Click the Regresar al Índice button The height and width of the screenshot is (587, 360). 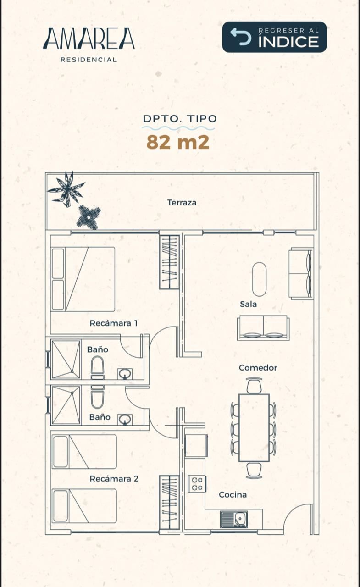pyautogui.click(x=274, y=37)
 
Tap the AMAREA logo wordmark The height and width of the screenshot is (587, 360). pyautogui.click(x=89, y=39)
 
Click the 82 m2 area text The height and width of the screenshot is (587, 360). pyautogui.click(x=178, y=142)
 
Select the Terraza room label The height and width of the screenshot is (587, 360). pyautogui.click(x=182, y=203)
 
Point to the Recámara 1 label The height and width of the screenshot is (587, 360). pyautogui.click(x=113, y=323)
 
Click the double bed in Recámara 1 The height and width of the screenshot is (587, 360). pyautogui.click(x=83, y=279)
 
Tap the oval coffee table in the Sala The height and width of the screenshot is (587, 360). pyautogui.click(x=260, y=279)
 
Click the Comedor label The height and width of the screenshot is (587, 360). pyautogui.click(x=258, y=368)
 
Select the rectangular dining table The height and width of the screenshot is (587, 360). pyautogui.click(x=254, y=428)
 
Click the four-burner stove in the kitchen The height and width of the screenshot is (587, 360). pyautogui.click(x=197, y=484)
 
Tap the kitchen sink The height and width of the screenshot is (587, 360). pyautogui.click(x=234, y=520)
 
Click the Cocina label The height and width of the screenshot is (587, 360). pyautogui.click(x=233, y=495)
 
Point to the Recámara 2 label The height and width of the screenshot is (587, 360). pyautogui.click(x=114, y=479)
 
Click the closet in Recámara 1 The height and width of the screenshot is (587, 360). pyautogui.click(x=170, y=262)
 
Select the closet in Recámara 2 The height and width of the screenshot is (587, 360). pyautogui.click(x=170, y=504)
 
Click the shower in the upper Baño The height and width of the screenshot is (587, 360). pyautogui.click(x=66, y=360)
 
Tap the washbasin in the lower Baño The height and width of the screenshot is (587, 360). pyautogui.click(x=125, y=420)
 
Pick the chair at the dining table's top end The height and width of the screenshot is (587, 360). pyautogui.click(x=254, y=385)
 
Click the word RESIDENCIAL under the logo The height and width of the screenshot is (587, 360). pyautogui.click(x=89, y=60)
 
